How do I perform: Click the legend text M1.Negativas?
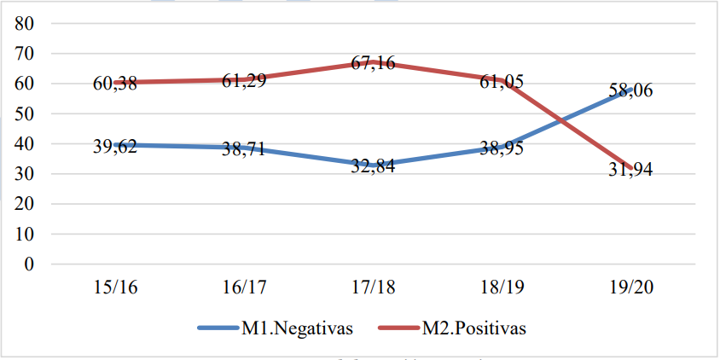click(x=296, y=328)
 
